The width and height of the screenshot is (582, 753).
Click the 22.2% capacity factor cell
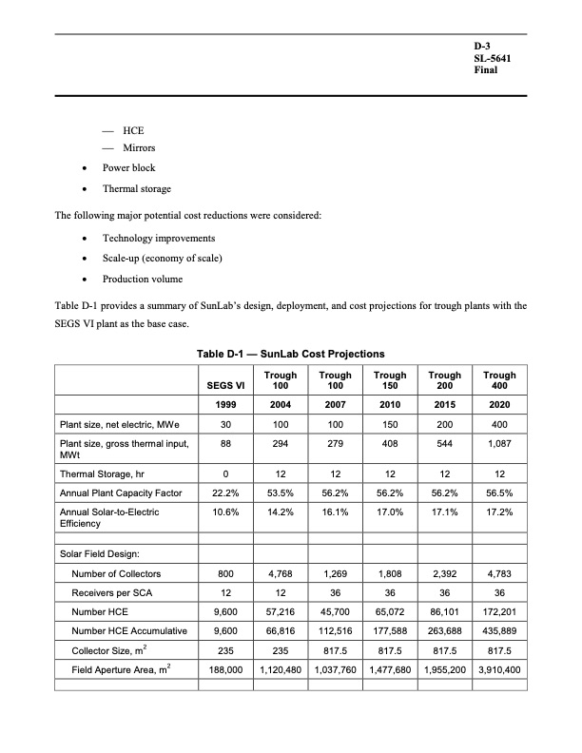point(219,492)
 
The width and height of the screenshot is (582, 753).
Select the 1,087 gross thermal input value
point(500,443)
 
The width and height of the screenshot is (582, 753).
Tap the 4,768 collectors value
point(281,573)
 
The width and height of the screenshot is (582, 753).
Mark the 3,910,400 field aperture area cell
point(500,669)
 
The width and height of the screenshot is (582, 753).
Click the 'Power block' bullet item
point(129,168)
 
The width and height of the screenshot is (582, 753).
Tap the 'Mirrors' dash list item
point(139,148)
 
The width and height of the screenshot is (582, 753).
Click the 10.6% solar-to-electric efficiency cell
point(219,512)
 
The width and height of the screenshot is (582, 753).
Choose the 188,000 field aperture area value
point(219,669)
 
